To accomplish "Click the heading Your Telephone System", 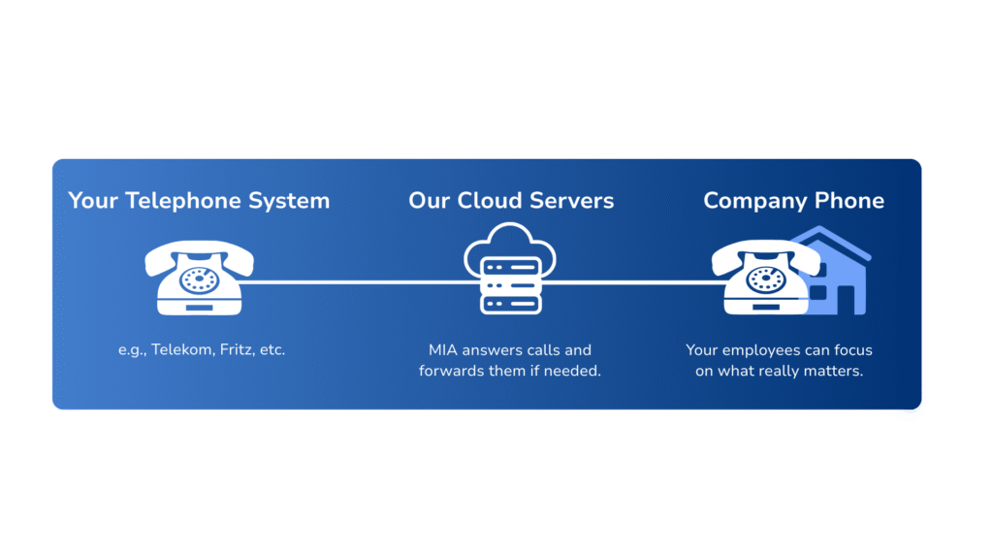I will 199,201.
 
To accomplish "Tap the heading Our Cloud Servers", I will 511,201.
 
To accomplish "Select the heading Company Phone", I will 793,201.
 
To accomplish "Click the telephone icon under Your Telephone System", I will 199,278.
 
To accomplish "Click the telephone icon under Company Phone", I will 765,278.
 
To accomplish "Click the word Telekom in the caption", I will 180,349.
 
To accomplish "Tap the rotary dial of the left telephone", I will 200,279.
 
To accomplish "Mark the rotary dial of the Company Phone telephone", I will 766,279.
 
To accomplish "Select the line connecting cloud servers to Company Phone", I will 635,282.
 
